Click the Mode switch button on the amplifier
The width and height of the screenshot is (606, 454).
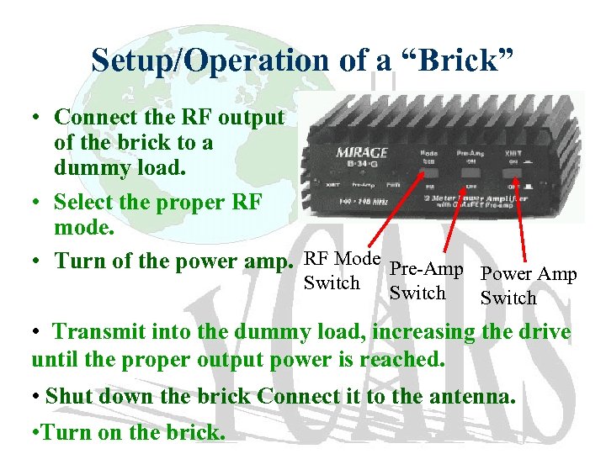(430, 179)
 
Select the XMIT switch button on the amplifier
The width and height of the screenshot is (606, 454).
(513, 178)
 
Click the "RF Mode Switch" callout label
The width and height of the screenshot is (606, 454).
(341, 270)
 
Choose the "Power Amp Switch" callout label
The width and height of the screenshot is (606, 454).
(528, 286)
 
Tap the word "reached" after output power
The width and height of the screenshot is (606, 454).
(402, 359)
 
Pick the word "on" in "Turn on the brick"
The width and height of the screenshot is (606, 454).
(98, 433)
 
